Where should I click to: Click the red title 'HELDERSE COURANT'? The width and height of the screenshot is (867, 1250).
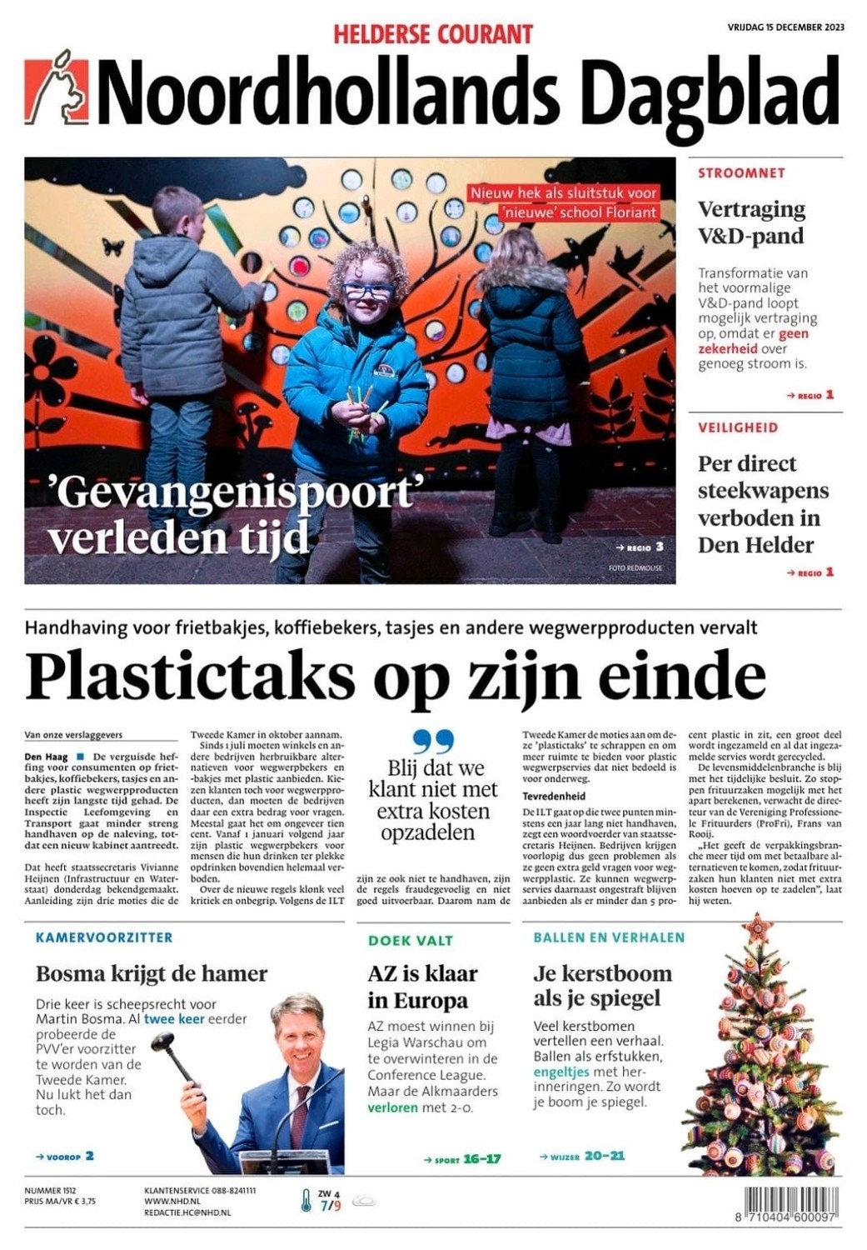click(x=433, y=35)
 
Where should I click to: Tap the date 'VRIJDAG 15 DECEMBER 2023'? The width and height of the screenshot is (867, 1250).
click(x=785, y=27)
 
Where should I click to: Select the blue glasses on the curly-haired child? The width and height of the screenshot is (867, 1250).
click(x=366, y=291)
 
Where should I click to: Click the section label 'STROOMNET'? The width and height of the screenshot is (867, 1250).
click(x=741, y=173)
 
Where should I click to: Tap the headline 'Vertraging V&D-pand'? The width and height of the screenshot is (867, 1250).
click(x=751, y=222)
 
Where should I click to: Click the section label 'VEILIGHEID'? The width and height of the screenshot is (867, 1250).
click(x=738, y=427)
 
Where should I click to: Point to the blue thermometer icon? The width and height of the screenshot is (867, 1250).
click(x=306, y=1201)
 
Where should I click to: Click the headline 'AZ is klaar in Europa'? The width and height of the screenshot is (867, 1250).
click(x=423, y=987)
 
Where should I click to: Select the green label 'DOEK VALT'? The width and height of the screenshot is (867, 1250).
click(x=411, y=941)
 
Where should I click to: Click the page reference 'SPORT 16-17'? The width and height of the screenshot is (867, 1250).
click(x=462, y=1159)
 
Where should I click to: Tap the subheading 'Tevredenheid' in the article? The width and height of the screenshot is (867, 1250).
click(x=554, y=796)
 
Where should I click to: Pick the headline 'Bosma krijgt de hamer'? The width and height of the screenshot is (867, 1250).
click(x=152, y=973)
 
